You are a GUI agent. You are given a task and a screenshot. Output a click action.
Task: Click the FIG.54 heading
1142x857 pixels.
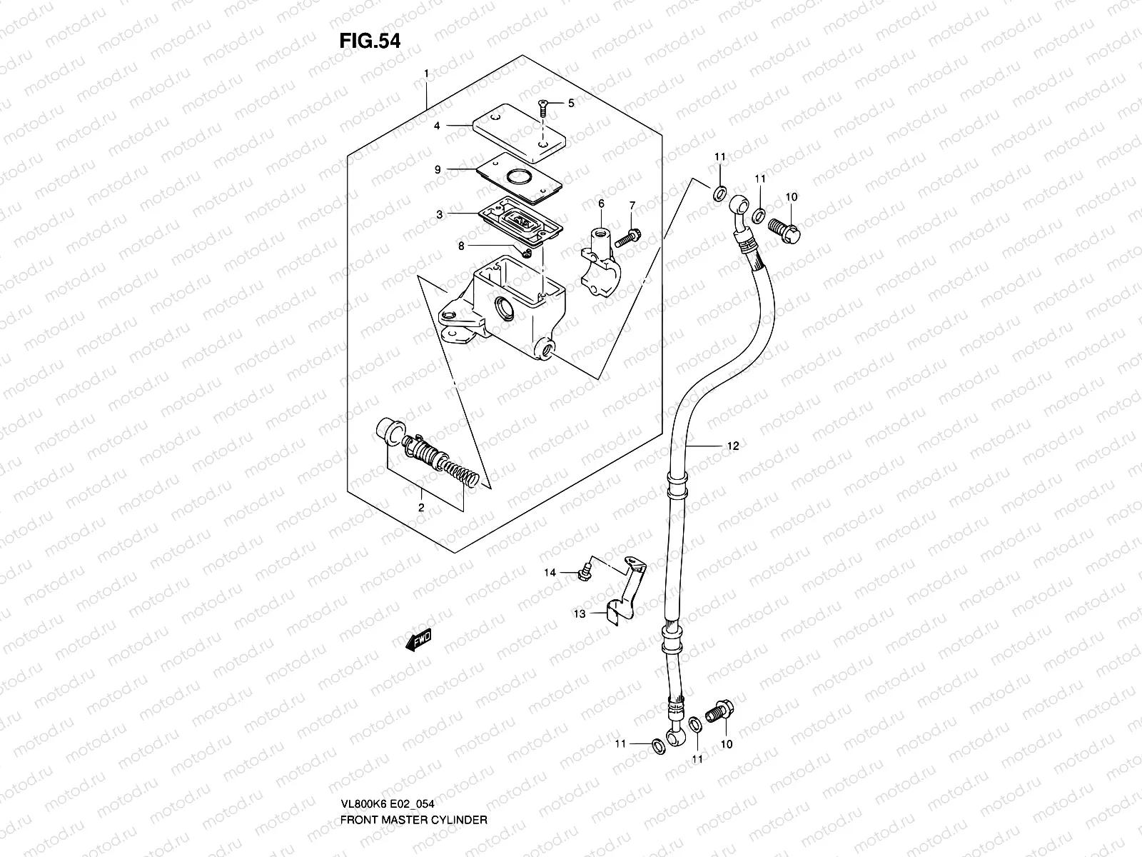pos(369,41)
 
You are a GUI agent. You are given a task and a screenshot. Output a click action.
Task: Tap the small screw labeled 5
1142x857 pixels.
pos(545,107)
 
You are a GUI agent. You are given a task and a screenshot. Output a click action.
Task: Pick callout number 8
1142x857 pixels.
pos(461,245)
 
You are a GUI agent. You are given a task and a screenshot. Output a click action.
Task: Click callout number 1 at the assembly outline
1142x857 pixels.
pos(426,74)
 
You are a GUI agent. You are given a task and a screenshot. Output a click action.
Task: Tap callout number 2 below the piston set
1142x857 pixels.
pos(421,508)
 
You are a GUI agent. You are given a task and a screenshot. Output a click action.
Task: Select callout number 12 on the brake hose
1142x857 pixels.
pos(733,446)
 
